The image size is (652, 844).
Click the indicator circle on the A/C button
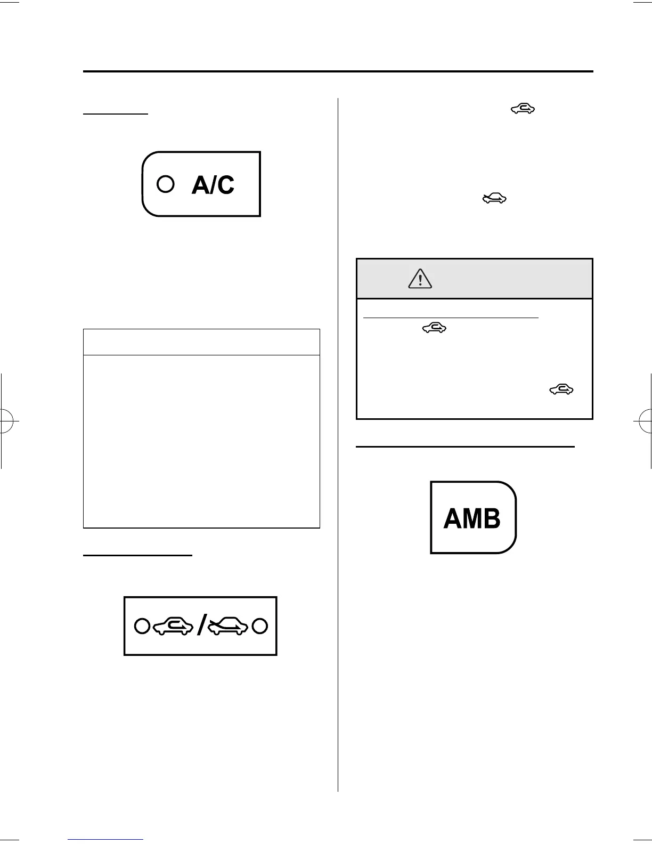click(166, 184)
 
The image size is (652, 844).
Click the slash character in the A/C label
click(213, 185)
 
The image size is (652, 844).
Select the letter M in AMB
click(471, 518)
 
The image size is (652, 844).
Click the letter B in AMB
click(492, 518)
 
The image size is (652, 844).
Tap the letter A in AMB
click(452, 518)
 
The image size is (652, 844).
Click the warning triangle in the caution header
click(420, 279)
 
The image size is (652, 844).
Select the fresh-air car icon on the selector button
click(228, 627)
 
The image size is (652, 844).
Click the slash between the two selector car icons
click(200, 627)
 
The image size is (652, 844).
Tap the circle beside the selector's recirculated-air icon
click(142, 626)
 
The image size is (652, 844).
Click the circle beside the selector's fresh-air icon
click(259, 626)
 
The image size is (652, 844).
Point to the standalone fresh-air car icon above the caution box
click(494, 199)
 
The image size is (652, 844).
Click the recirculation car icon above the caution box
click(523, 109)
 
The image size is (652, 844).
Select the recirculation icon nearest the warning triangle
click(435, 329)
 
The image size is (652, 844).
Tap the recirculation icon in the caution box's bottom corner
click(561, 389)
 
